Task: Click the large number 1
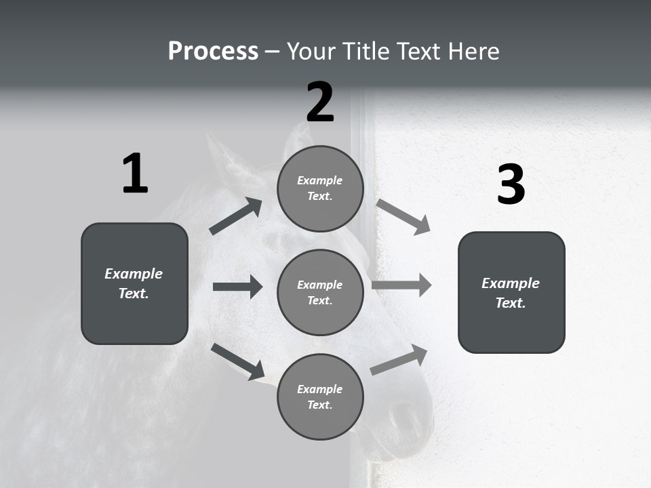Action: pos(135,174)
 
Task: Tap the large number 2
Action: pos(320,102)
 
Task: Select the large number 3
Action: pos(511,185)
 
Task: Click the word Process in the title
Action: pos(213,51)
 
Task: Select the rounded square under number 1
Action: pos(134,283)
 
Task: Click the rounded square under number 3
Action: pos(511,292)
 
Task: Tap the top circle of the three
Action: pos(320,188)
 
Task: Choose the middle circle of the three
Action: pos(320,292)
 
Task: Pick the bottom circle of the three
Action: pos(320,396)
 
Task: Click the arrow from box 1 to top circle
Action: pos(235,216)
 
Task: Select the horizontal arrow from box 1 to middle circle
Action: pos(237,287)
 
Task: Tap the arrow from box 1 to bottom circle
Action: pos(237,361)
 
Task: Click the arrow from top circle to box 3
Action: pos(403,216)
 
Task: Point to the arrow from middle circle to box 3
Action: pos(401,285)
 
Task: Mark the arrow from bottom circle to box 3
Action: pos(399,360)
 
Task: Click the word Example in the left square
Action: pos(134,274)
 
